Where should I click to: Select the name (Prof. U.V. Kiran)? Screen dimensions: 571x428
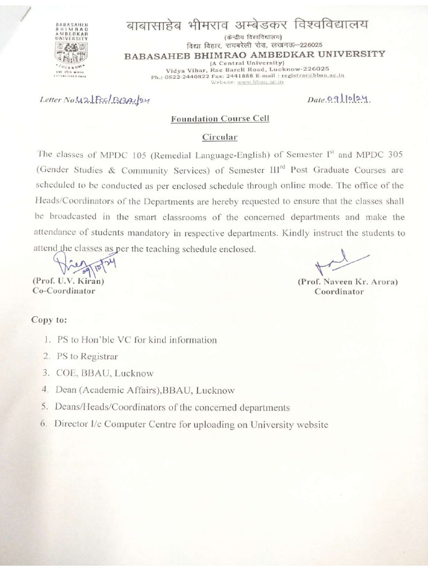(x=69, y=282)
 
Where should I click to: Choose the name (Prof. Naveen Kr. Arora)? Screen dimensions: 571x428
(x=348, y=282)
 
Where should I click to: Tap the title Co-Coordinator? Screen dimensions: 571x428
(x=65, y=291)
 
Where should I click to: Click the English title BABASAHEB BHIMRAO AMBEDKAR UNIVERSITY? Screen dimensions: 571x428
(x=254, y=54)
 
